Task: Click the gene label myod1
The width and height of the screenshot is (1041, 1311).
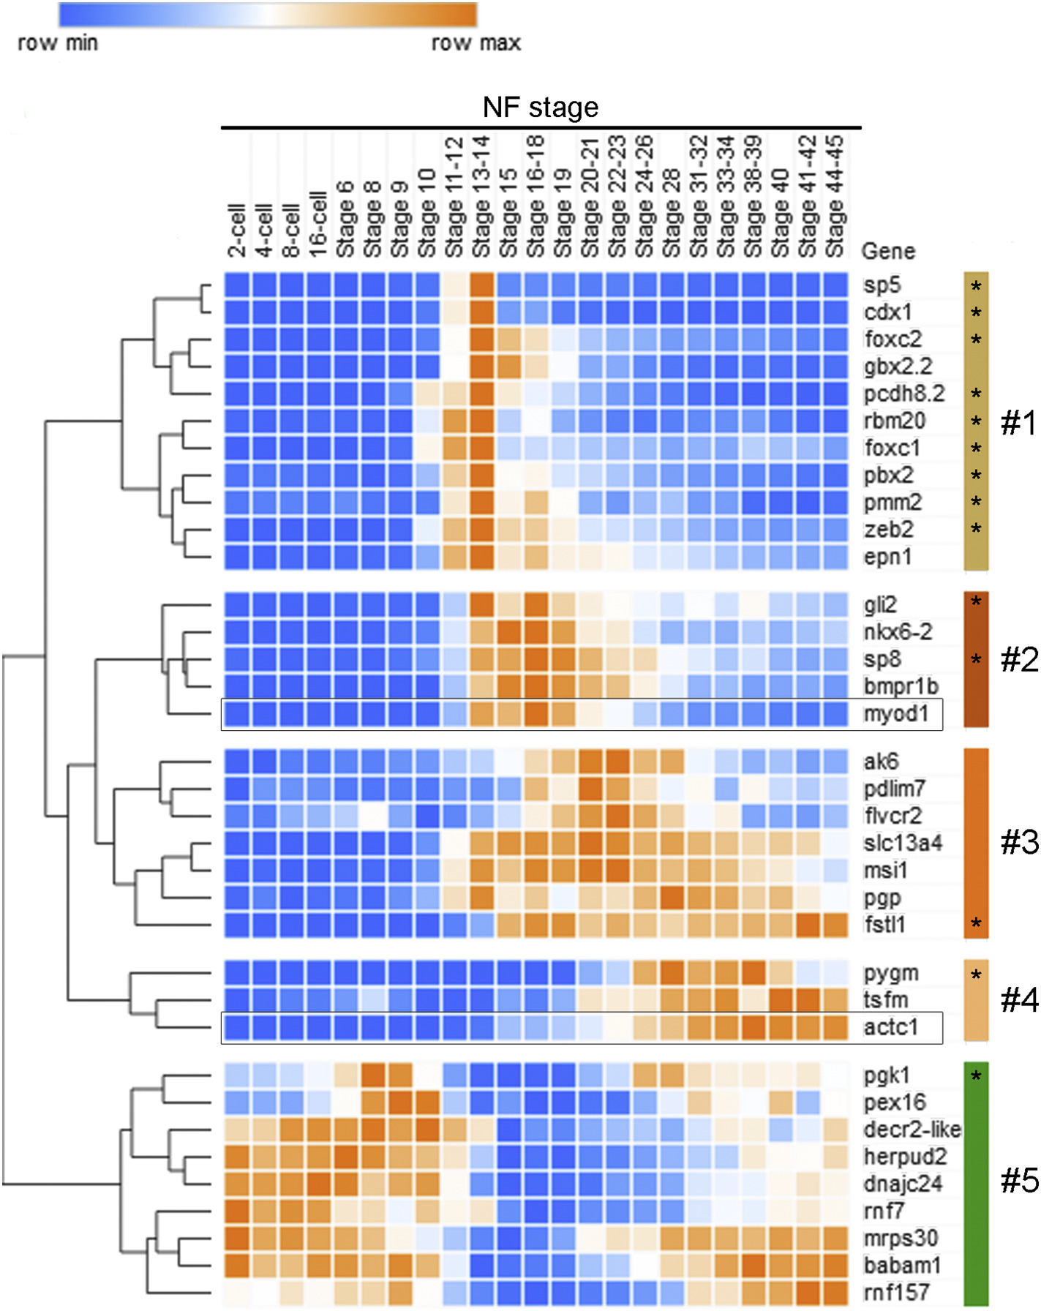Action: [895, 713]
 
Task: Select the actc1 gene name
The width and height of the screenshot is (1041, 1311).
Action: [890, 1027]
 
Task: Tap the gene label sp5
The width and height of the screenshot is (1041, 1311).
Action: [882, 285]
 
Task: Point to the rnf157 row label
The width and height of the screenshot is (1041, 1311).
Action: [896, 1292]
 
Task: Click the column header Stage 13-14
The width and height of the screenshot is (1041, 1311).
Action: [481, 196]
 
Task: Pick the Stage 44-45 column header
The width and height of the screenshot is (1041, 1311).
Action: [835, 196]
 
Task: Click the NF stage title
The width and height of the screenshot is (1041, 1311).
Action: [541, 108]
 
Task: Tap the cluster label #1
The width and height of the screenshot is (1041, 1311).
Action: [1018, 423]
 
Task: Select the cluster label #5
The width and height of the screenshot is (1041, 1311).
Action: [1019, 1180]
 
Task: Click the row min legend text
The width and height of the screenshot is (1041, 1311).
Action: [58, 43]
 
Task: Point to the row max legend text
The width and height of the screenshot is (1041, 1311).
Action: [476, 43]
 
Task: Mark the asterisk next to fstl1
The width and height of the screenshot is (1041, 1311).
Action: [976, 925]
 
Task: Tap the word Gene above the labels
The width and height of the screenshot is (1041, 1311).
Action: [888, 251]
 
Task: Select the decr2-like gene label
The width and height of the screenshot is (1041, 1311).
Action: [912, 1130]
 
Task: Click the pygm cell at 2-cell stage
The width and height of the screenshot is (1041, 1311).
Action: [236, 973]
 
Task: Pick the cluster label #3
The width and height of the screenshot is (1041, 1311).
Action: [1019, 843]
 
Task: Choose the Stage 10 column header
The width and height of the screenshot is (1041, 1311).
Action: [426, 213]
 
